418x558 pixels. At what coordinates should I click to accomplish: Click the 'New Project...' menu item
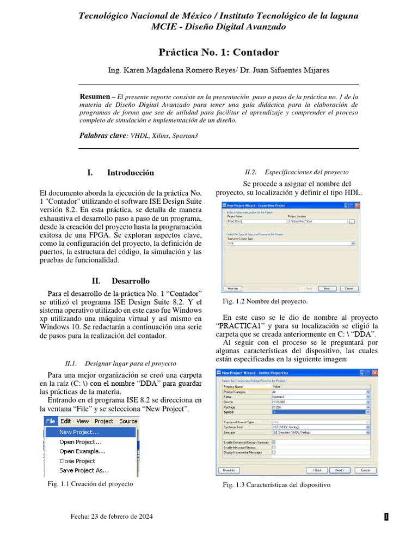tap(79, 432)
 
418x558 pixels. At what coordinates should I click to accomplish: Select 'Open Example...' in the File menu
tap(82, 451)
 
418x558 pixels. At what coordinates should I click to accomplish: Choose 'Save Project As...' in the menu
tap(84, 470)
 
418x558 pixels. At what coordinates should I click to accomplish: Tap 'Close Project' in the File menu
tap(77, 461)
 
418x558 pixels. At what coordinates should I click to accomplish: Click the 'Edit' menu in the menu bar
tap(66, 421)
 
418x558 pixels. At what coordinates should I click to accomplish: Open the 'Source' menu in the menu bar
tap(128, 421)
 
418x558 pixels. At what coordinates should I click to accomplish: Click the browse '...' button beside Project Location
tap(352, 222)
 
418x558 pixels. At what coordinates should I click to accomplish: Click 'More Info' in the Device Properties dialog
tap(229, 470)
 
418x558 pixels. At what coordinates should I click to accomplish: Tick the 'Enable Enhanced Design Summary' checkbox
tap(274, 442)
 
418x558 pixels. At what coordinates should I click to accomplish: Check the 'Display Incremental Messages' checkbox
tap(274, 452)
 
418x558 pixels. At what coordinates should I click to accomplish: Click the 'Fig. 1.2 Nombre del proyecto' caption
tap(265, 301)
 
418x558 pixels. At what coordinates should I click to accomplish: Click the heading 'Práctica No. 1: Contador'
tap(218, 52)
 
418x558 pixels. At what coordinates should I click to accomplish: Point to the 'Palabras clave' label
tap(102, 135)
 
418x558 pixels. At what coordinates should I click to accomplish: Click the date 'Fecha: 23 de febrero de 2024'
tap(112, 517)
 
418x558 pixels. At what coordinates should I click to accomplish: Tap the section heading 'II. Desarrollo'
tap(120, 281)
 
